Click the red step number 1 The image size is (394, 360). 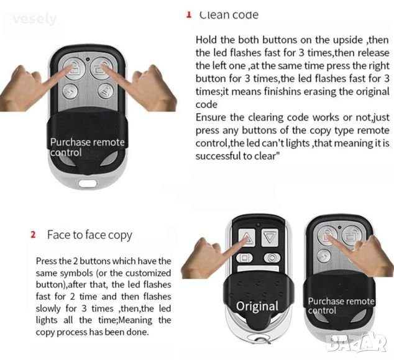coord(189,14)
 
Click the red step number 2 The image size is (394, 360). coord(33,235)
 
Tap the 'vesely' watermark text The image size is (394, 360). coord(35,19)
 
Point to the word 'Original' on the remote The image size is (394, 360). coord(257,306)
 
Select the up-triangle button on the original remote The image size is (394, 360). coord(247,237)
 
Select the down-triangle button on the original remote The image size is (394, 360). coord(270,237)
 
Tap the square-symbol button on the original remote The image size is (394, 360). coord(244,258)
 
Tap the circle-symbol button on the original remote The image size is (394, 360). coord(272,258)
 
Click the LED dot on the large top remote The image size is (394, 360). coord(88,60)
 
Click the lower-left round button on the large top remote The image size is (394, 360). coord(70,91)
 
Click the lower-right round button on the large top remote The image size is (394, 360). coord(105,91)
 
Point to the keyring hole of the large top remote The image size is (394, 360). coord(88,182)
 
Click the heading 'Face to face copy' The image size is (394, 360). coord(89,235)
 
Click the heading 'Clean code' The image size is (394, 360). coord(229,15)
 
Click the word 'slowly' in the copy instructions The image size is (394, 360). coord(48,308)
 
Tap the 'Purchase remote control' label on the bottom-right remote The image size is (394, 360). coord(341,306)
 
